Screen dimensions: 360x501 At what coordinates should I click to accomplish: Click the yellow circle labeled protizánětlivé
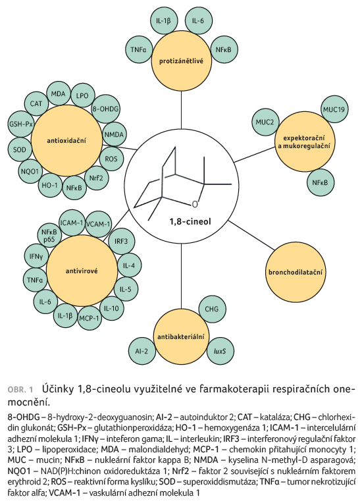coord(181,61)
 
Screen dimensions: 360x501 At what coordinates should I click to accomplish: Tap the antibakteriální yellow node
coord(181,337)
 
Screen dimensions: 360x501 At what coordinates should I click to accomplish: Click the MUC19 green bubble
coord(334,109)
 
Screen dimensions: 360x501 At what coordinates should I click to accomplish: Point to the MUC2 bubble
coord(265,122)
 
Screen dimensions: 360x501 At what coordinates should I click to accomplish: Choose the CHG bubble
coord(211,309)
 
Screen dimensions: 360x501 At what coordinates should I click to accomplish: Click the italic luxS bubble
coord(220,351)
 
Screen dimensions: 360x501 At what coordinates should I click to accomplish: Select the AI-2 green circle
coord(141,351)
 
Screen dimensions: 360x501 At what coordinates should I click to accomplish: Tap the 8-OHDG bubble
coord(105,109)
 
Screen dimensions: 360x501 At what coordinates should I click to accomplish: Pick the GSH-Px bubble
coord(21,124)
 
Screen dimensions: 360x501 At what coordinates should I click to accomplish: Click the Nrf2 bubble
coord(96,178)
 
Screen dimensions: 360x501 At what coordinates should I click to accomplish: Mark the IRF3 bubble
coord(121,241)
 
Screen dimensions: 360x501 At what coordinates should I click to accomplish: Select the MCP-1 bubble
coord(90,318)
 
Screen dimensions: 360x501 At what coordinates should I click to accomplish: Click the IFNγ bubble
coord(36,255)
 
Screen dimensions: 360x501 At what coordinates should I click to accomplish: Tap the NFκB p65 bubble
coord(49,235)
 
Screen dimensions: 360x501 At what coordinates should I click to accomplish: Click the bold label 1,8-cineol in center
coord(190,221)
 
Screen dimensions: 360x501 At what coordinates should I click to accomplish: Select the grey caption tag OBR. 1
coord(20,390)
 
